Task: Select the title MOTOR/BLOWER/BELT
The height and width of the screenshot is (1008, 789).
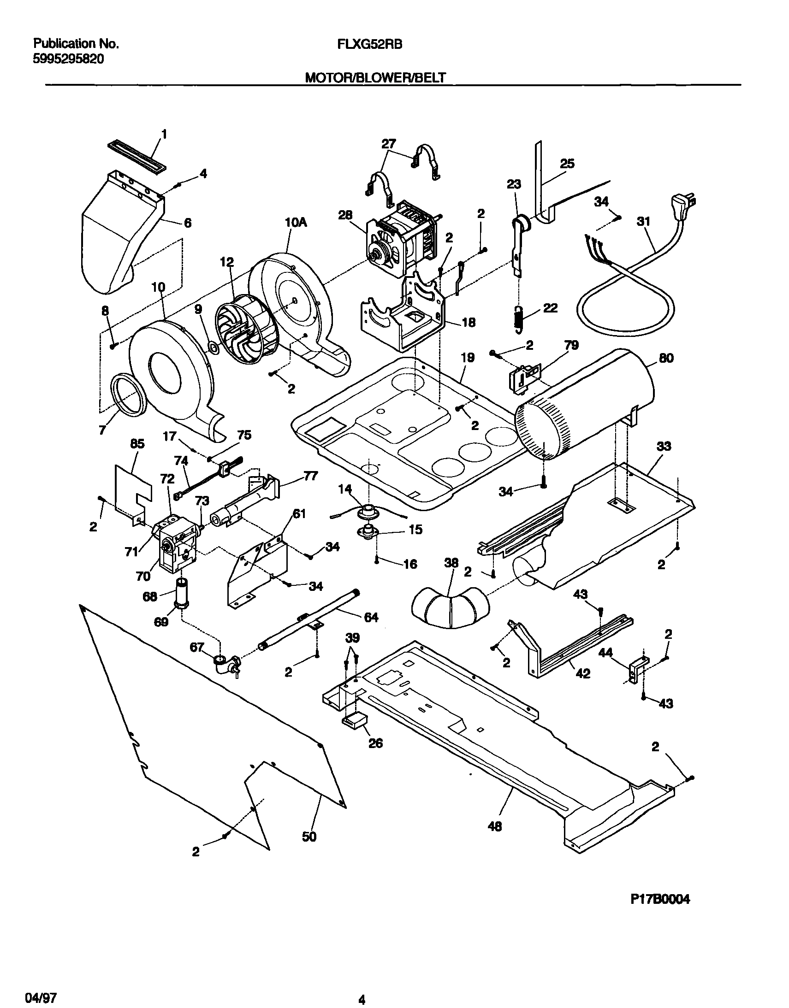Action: point(375,78)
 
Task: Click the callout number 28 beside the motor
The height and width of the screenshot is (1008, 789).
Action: point(345,215)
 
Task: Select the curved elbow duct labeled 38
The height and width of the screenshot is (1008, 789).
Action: point(450,607)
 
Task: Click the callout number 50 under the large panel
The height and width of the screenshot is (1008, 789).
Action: point(309,836)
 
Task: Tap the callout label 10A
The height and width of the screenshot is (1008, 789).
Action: point(296,223)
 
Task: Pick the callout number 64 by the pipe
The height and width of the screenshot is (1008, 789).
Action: point(371,617)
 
